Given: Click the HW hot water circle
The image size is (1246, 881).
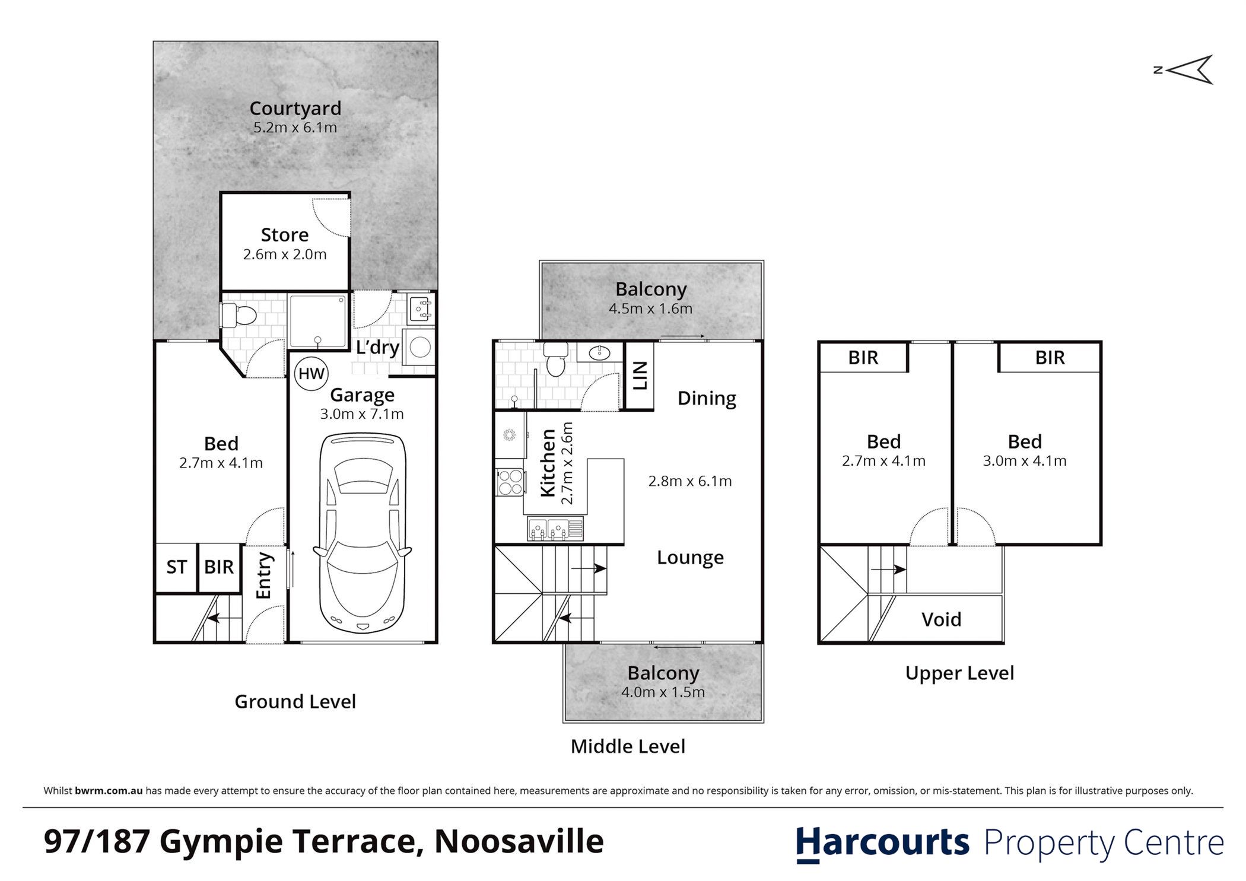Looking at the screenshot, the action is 311,374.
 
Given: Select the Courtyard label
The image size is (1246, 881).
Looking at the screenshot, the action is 295,109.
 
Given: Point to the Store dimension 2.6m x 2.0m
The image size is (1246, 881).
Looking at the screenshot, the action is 285,255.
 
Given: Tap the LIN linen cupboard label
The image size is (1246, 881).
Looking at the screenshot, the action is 640,376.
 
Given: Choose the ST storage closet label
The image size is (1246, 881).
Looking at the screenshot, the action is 176,567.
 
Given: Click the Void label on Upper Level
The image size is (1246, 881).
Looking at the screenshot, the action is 941,619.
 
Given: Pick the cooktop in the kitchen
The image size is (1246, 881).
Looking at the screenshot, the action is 510,482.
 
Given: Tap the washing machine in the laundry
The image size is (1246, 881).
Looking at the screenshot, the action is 420,347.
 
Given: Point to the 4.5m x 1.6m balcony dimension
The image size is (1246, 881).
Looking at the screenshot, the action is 650,308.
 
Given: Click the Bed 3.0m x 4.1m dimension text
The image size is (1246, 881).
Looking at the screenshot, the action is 1025,461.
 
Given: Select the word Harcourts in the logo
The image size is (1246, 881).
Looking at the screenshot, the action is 882,842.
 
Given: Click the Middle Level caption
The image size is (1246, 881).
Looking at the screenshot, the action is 628,746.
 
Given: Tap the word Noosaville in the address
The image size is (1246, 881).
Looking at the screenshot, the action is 519,841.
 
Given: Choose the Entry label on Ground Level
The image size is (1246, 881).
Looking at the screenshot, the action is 263,575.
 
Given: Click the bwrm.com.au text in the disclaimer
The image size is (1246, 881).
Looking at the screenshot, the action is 109,791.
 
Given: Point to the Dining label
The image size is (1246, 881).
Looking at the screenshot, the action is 707,398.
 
